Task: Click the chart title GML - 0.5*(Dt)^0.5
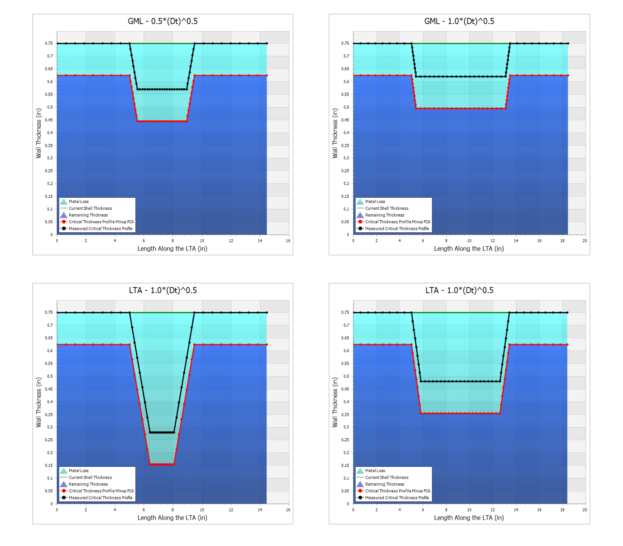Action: coord(163,21)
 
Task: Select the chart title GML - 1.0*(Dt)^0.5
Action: coord(459,21)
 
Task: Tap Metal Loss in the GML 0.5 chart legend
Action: coord(78,202)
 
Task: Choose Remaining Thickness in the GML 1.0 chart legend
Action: coord(385,215)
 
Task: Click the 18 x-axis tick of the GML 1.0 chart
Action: coord(562,241)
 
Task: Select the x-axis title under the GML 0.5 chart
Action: coord(172,249)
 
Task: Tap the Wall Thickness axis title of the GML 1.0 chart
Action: coord(334,133)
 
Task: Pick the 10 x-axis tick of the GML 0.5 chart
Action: coord(202,241)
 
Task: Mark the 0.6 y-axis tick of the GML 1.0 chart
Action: coord(347,82)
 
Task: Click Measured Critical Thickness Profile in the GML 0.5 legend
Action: coord(100,229)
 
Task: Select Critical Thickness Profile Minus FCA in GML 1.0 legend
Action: coord(398,222)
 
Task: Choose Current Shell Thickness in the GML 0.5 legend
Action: coord(90,209)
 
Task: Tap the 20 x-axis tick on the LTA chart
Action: coord(584,510)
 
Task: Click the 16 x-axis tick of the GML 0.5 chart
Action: coord(288,241)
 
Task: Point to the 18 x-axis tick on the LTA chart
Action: coord(562,510)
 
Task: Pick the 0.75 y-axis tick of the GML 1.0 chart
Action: coord(345,43)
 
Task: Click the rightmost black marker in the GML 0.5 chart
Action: coord(267,43)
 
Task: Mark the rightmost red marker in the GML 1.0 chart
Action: coord(568,75)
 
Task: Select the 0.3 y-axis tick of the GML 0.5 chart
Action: coord(50,158)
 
